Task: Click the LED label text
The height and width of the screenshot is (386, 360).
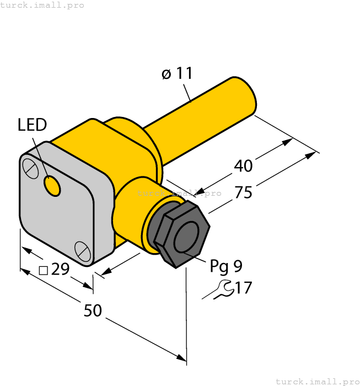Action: click(32, 125)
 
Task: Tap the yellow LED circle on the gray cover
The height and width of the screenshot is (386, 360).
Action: click(52, 186)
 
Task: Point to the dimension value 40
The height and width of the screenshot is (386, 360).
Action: click(243, 165)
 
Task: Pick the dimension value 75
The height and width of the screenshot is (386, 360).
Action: click(243, 192)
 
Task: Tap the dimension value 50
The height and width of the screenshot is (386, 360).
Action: click(93, 310)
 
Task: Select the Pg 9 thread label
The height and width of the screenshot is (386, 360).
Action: click(225, 266)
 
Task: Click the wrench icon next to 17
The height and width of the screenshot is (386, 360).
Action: click(219, 289)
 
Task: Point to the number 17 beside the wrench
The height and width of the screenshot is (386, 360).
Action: click(243, 287)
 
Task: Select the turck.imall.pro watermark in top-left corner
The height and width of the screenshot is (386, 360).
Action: click(42, 5)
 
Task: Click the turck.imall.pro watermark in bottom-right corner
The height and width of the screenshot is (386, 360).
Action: click(317, 381)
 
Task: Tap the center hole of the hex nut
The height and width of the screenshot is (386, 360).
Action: click(186, 238)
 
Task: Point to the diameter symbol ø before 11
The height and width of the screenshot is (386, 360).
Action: click(166, 74)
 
